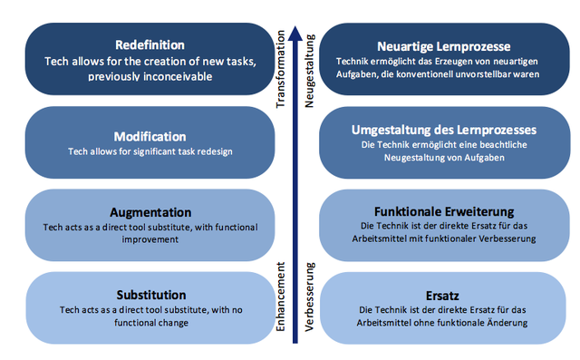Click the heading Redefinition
(x=151, y=44)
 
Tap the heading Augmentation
(x=151, y=211)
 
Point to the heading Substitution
(x=151, y=295)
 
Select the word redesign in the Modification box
(x=212, y=151)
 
